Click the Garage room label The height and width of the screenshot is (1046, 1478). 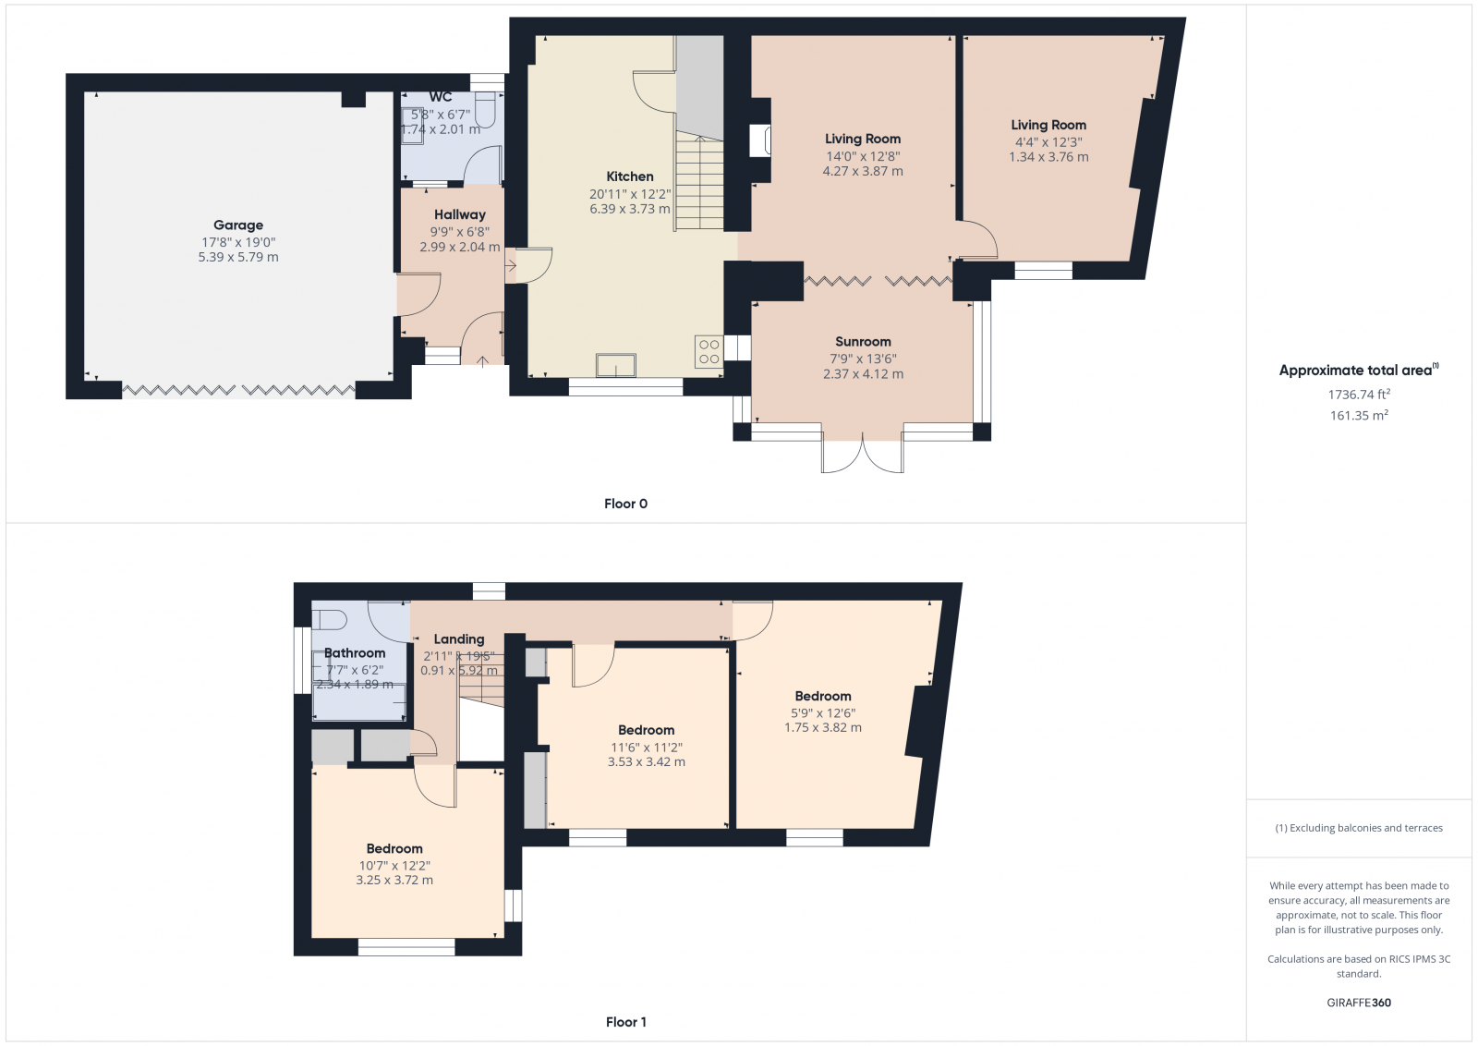click(x=238, y=225)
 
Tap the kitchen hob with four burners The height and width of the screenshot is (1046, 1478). click(x=709, y=352)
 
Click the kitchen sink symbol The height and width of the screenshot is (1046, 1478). click(x=615, y=366)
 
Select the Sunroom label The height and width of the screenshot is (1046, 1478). click(x=863, y=342)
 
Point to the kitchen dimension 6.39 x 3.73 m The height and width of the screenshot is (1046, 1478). click(x=630, y=209)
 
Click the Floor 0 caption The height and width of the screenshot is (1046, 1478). click(x=625, y=504)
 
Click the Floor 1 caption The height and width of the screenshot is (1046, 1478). click(x=625, y=1022)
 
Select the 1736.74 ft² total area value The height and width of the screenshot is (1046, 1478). click(x=1358, y=395)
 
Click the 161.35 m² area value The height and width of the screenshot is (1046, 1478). click(x=1358, y=416)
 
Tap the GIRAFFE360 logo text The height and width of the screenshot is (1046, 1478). click(x=1358, y=1003)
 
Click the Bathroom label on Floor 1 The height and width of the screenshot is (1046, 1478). click(x=355, y=653)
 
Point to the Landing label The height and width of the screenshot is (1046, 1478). click(x=459, y=639)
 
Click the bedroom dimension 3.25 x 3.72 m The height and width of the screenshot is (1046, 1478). click(x=394, y=881)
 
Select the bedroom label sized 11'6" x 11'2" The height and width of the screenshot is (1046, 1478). click(x=646, y=730)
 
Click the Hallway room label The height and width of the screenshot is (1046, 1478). click(x=459, y=214)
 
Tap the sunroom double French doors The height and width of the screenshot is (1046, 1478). click(x=863, y=455)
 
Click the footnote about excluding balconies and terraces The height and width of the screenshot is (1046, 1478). click(x=1358, y=828)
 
